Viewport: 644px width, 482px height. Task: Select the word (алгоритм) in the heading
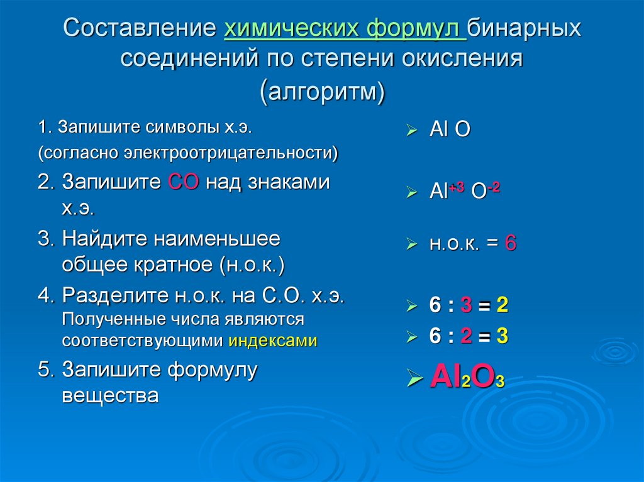[323, 91]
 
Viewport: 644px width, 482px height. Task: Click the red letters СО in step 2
[184, 182]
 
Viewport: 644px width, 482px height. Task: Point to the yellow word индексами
[273, 341]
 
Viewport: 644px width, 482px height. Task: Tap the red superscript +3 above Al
[457, 187]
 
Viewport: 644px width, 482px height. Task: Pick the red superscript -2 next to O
[494, 187]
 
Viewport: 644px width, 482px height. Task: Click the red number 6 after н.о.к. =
[511, 243]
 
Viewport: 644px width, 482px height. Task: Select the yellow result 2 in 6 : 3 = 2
[502, 305]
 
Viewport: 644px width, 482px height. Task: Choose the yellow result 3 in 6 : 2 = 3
[502, 336]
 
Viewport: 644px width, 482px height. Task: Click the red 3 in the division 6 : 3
[466, 305]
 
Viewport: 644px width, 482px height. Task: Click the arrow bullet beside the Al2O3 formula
[414, 378]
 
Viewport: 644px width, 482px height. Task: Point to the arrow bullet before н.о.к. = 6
[411, 243]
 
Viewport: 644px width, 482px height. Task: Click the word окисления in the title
[462, 58]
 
